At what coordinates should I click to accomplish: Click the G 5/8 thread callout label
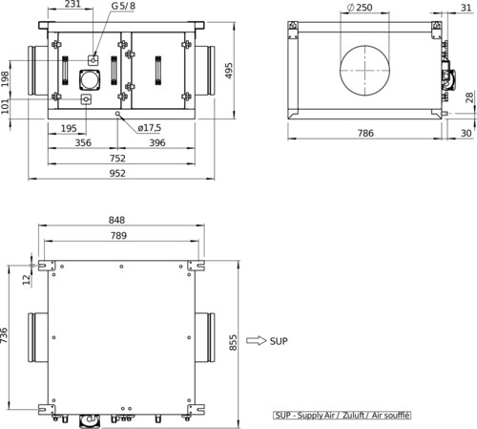[123, 6]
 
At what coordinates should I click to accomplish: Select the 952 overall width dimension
[117, 173]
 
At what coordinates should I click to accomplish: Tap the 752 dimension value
[117, 159]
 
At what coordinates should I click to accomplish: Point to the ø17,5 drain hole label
[150, 128]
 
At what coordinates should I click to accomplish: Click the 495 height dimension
[229, 71]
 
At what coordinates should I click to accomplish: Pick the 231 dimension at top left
[73, 4]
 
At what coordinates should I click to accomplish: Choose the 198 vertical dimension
[5, 78]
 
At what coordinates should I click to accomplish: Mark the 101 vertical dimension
[5, 106]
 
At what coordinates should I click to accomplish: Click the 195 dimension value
[69, 128]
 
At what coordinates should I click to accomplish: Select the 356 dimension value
[83, 142]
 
